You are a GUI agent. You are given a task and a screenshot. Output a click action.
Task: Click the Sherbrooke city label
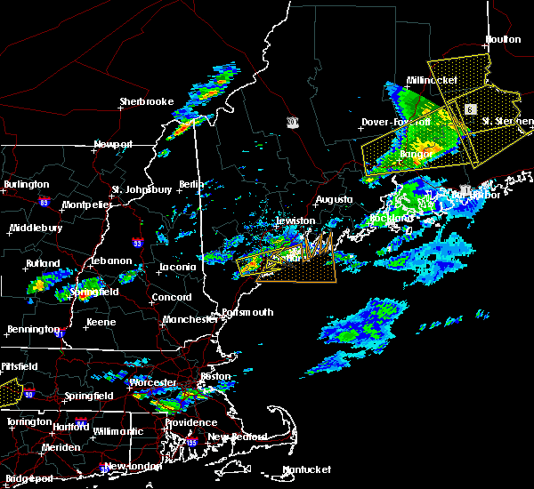pos(147,101)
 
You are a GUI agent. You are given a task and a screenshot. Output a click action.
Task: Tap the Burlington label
pos(27,184)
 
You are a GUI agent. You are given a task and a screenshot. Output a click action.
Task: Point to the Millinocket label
pos(432,80)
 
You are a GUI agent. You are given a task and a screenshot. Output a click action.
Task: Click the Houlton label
pos(503,39)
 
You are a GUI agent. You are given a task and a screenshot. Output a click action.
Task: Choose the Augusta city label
pos(334,200)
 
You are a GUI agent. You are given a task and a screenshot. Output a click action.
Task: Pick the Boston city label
pos(215,376)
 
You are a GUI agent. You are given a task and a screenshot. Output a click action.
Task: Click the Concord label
pos(171,297)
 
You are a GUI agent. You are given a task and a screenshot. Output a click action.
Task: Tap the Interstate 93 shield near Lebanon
pos(137,242)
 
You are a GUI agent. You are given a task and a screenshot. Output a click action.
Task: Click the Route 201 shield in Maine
pos(293,121)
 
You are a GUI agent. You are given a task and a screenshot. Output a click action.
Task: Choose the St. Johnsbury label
pos(142,189)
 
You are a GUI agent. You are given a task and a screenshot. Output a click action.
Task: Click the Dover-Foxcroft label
pos(396,122)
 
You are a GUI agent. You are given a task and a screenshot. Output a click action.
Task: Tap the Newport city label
pos(113,144)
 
